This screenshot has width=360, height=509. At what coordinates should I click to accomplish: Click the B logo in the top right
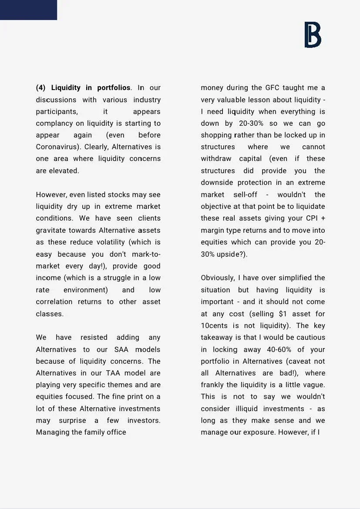tap(313, 35)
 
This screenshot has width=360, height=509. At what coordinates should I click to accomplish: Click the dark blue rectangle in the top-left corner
tap(28, 10)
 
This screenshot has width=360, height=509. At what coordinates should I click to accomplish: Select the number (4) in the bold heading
tap(40, 88)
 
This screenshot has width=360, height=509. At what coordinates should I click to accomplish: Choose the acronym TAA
tap(111, 373)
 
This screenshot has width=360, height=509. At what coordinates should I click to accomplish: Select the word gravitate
tap(51, 230)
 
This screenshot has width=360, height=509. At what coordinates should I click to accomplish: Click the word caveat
tap(298, 361)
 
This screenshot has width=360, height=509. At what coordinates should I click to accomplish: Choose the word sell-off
tap(245, 194)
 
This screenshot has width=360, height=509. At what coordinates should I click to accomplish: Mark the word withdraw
tap(216, 159)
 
